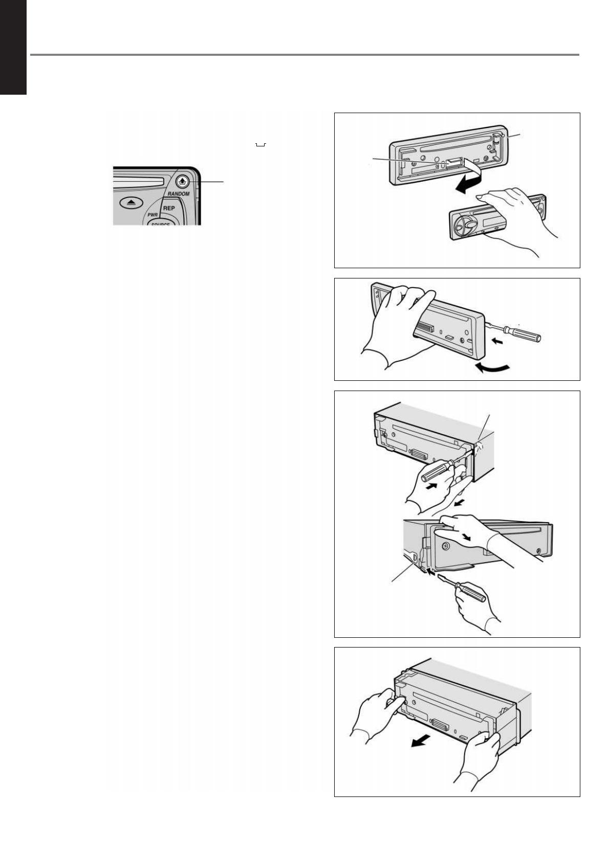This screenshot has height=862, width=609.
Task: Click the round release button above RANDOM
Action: [x=182, y=181]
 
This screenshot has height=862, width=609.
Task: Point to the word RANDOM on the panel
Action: [x=178, y=194]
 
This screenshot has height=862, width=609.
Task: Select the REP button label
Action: [x=169, y=208]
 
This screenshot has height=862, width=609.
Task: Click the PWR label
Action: [x=153, y=215]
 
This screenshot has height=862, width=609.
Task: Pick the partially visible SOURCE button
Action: [x=160, y=223]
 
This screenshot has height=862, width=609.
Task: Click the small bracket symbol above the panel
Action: [x=260, y=145]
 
